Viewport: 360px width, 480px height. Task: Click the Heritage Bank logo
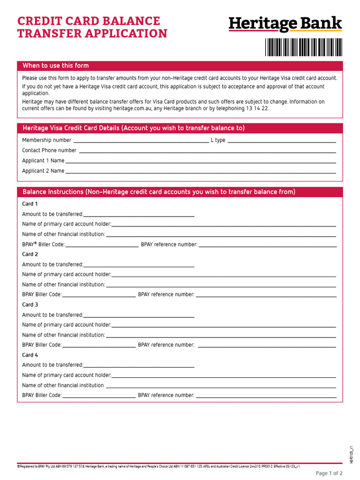point(285,24)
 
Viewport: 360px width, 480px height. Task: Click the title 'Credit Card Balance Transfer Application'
point(92,27)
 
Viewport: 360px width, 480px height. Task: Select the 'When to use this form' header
point(56,66)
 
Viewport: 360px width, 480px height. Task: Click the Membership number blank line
point(141,140)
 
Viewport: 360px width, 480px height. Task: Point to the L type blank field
point(281,140)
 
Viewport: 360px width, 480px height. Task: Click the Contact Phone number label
point(49,150)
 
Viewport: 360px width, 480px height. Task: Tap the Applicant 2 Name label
point(43,171)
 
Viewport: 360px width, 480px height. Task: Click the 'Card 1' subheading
point(30,204)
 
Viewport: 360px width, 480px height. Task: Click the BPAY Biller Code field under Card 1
point(102,245)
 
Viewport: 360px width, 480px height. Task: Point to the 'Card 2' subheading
point(30,254)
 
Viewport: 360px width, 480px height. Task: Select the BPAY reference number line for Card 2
point(266,295)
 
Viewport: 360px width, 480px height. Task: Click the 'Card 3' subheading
point(30,305)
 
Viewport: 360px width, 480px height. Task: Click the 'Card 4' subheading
point(30,355)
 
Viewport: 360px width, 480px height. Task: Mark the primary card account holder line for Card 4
point(224,375)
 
